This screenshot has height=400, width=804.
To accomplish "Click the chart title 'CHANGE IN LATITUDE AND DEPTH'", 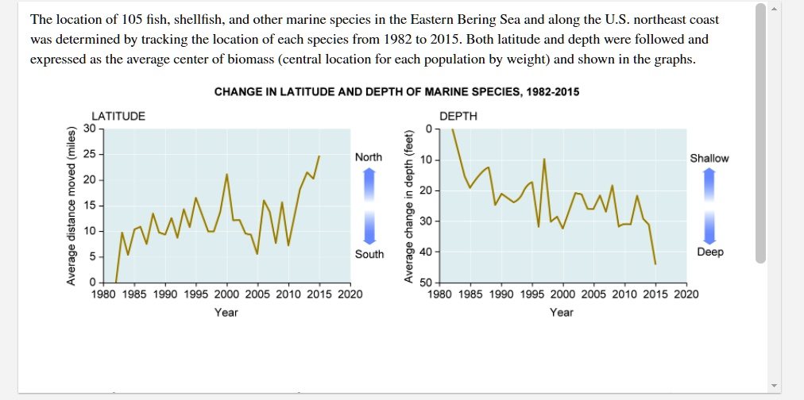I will [x=396, y=92].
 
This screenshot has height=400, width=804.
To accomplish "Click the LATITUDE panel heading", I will [x=118, y=116].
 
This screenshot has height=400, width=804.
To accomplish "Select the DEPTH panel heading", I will [x=458, y=116].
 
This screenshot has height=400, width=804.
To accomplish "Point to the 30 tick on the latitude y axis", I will [x=88, y=128].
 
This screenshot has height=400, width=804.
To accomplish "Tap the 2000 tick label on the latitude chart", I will [x=226, y=294].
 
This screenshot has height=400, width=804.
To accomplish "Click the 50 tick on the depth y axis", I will [x=425, y=283].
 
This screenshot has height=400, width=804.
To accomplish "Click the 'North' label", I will [x=369, y=157].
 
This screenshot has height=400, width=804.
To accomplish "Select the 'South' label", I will [x=369, y=254].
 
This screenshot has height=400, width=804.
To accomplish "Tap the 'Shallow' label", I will [x=709, y=158].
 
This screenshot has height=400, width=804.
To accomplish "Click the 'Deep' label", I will [x=709, y=252].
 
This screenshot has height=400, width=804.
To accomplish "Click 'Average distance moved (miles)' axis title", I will [x=72, y=205].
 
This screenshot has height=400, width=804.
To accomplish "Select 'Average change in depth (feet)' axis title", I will [x=408, y=205].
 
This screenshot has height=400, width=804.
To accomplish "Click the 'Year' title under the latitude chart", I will [x=226, y=313].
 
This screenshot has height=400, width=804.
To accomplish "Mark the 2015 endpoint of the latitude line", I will [x=319, y=156].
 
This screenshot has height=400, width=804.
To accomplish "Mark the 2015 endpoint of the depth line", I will [x=655, y=264].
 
